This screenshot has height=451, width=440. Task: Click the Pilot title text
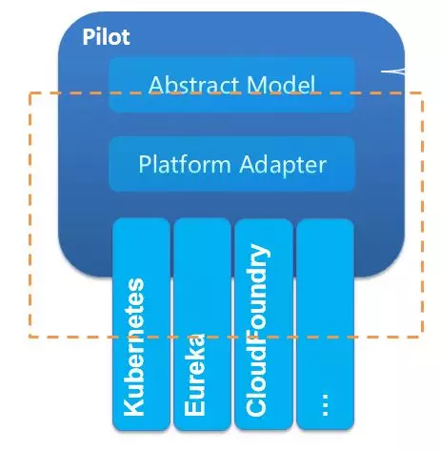106,37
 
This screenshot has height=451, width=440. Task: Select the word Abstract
193,85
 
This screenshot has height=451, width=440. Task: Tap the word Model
281,85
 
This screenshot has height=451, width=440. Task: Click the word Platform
185,164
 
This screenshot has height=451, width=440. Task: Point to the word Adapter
283,165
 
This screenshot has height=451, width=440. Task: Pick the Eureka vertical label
194,375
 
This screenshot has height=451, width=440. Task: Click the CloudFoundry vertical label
257,330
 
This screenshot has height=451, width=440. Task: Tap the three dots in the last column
325,405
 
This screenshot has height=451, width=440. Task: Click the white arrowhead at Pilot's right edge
393,72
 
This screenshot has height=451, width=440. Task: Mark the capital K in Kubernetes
133,406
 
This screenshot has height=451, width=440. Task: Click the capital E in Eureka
194,408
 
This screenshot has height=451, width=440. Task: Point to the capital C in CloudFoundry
256,406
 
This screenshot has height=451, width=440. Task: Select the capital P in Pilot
89,37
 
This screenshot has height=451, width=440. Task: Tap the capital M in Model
256,85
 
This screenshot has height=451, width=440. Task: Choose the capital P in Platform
145,164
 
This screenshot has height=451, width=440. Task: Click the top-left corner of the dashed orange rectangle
30,93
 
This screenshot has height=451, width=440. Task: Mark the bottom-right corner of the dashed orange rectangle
422,337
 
